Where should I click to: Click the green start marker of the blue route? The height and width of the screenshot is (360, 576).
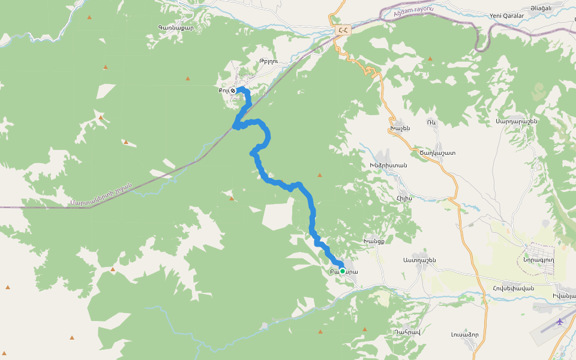343,271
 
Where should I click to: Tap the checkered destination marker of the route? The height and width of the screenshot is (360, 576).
233,91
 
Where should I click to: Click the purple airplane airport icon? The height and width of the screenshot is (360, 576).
560,322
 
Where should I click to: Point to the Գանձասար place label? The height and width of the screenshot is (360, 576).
176,27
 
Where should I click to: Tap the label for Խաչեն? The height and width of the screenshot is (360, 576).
400,128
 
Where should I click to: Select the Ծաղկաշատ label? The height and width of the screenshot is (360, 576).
437,152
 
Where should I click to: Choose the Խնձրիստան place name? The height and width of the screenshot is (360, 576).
388,165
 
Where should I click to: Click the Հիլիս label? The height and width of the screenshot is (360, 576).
404,197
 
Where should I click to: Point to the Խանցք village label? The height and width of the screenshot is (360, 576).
374,241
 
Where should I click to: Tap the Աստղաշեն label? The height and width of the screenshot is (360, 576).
419,260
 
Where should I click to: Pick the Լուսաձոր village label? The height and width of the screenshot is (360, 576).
464,334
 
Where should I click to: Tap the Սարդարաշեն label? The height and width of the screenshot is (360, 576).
516,121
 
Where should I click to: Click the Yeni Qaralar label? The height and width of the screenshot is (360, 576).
507,16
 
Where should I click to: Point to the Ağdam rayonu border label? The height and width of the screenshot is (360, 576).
413,11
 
